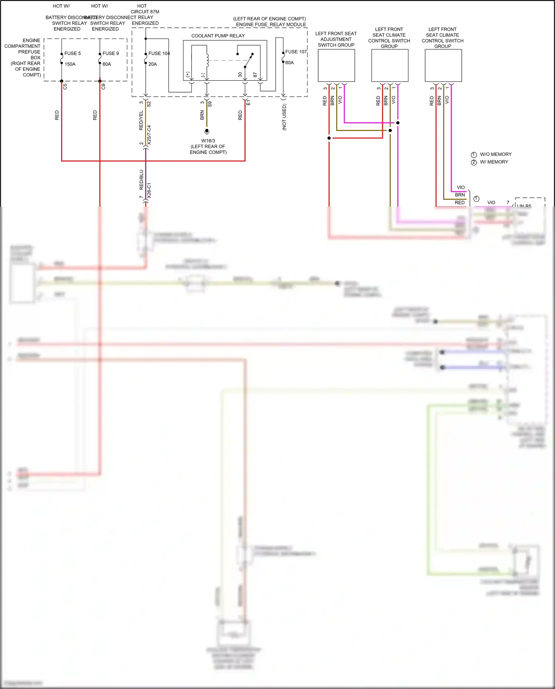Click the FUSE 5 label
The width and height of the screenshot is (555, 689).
[73, 53]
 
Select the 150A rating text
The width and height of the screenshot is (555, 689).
[70, 64]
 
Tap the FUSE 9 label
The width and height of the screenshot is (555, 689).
[111, 53]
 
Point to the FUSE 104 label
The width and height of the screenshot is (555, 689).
[159, 53]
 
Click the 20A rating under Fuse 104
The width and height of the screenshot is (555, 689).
[152, 64]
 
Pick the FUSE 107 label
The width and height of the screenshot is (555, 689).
[296, 52]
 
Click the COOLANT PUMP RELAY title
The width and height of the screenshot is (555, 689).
[218, 36]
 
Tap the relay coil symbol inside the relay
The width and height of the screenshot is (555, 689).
[208, 60]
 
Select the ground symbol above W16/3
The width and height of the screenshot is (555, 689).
[207, 131]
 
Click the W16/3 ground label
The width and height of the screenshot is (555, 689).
[208, 141]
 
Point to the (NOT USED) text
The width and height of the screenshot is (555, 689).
[284, 117]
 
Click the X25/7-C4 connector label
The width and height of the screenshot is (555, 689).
[149, 135]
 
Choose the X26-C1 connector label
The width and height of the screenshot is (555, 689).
[149, 190]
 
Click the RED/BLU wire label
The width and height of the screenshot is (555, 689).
[141, 180]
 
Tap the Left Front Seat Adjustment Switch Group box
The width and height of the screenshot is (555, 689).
[336, 66]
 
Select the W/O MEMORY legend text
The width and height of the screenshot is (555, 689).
[496, 154]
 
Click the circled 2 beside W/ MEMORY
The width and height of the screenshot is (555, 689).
[474, 163]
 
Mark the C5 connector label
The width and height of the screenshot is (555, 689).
[65, 87]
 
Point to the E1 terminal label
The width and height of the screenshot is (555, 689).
[248, 103]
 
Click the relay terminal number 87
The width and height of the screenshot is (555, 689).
[255, 75]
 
